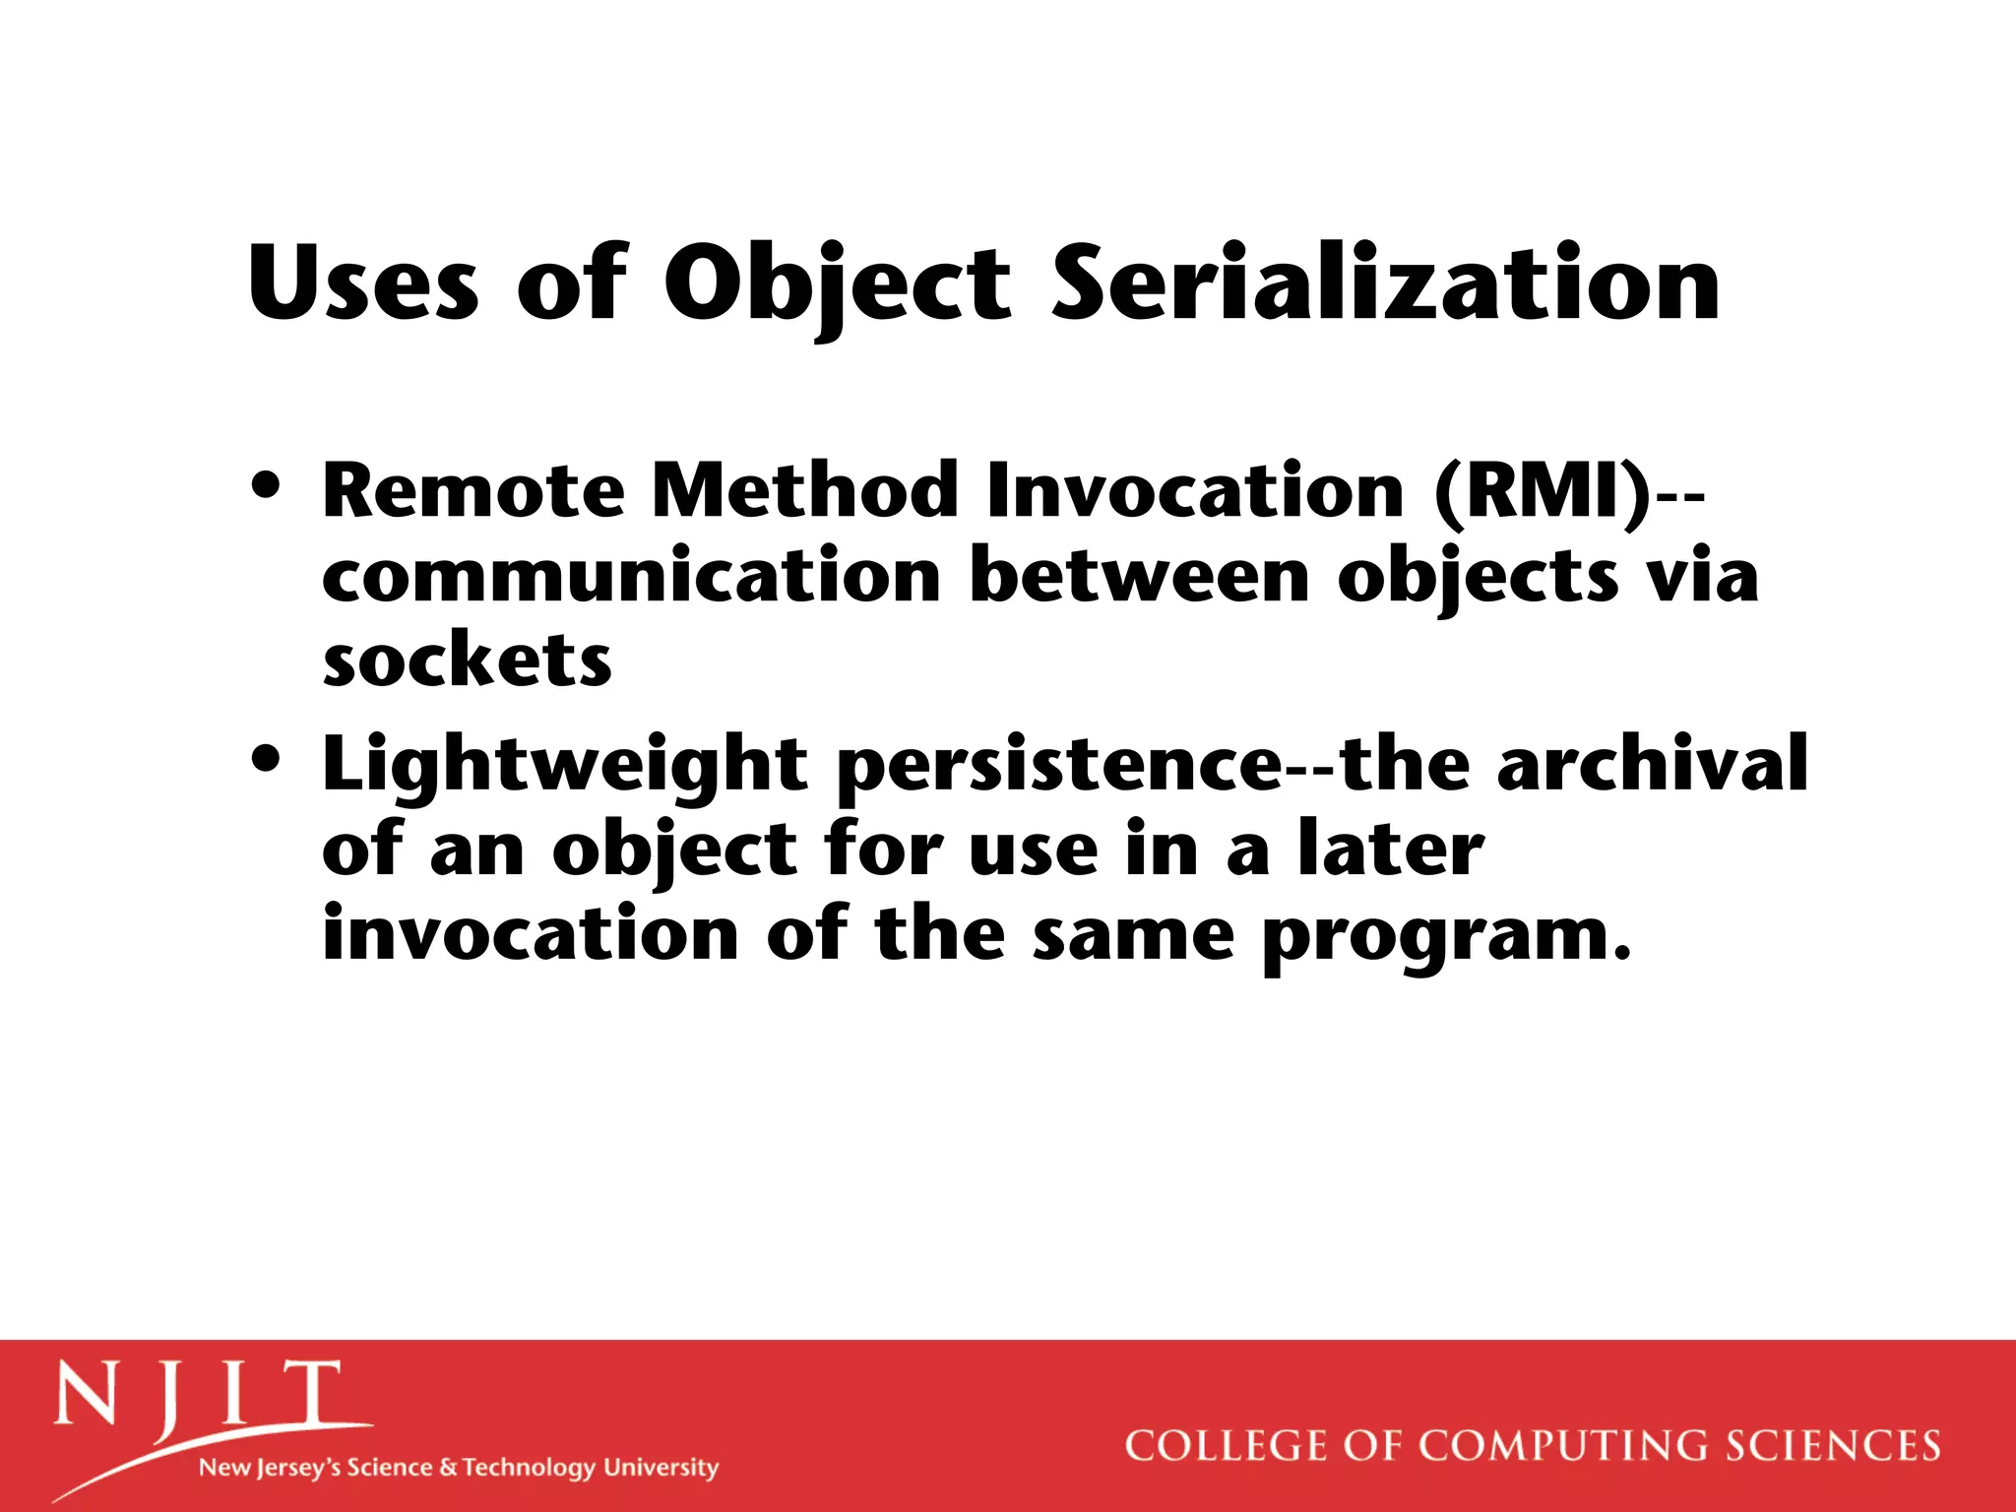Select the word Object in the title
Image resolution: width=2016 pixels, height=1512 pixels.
point(837,285)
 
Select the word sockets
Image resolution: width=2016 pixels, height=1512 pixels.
point(467,661)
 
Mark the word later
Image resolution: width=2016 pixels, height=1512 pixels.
point(1390,849)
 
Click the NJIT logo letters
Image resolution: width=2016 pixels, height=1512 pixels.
point(197,1396)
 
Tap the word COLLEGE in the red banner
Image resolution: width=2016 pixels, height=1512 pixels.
point(1227,1446)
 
